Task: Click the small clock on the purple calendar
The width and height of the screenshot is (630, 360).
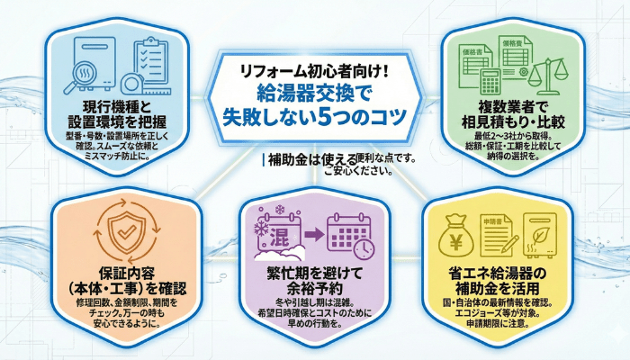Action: (x=364, y=248)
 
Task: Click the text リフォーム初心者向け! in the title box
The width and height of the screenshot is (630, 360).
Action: (x=314, y=69)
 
